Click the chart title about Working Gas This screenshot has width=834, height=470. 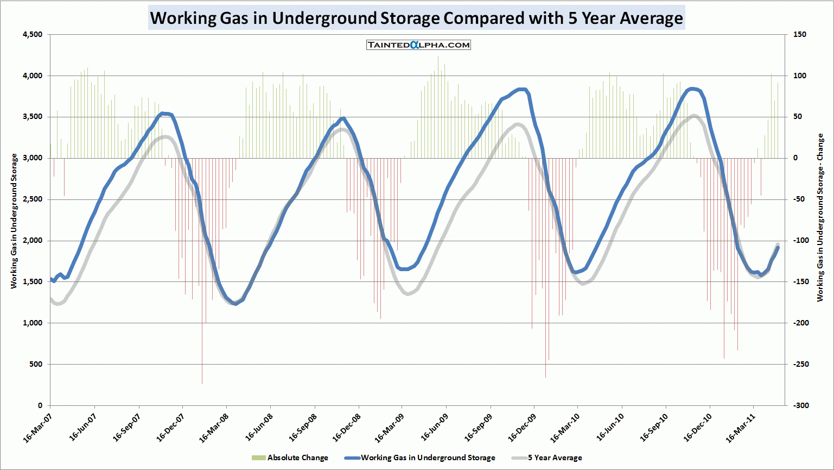click(x=416, y=18)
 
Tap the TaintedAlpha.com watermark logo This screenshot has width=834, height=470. click(x=418, y=45)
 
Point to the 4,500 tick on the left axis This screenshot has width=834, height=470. click(x=33, y=34)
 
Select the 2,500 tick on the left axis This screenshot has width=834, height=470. click(x=33, y=199)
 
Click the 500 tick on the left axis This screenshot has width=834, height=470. click(x=36, y=364)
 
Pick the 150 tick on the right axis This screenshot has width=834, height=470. click(x=799, y=34)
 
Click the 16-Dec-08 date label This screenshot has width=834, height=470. click(x=345, y=427)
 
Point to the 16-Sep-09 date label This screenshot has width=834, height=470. click(x=478, y=427)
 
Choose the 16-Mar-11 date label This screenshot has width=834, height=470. click(x=741, y=427)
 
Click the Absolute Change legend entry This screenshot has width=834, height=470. click(x=290, y=458)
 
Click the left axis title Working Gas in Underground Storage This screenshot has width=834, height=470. click(x=15, y=221)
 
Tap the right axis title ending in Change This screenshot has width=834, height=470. click(x=820, y=217)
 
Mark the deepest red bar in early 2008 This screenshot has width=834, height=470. click(x=202, y=380)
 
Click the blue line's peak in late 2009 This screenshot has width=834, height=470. click(x=522, y=89)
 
